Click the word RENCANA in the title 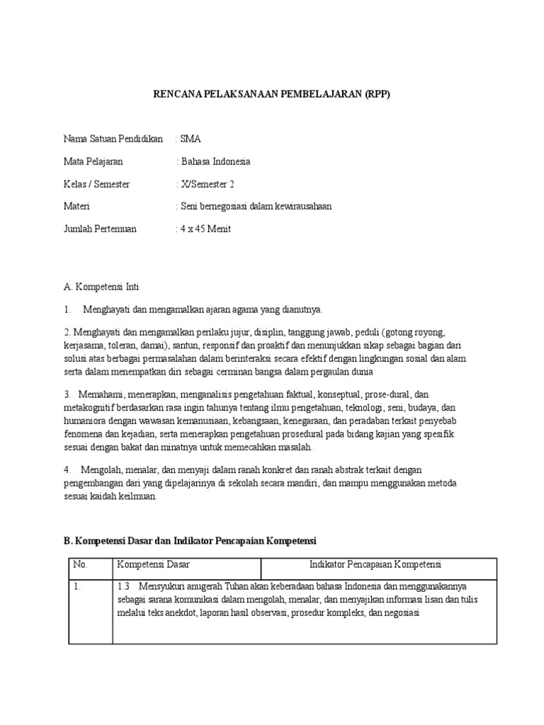178,94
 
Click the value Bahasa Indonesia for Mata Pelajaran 216,161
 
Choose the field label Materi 76,207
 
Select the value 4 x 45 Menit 206,229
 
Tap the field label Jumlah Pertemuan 100,229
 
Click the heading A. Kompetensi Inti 101,287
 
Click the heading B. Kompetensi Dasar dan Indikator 190,540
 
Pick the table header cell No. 80,564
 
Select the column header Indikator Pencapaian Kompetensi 375,564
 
